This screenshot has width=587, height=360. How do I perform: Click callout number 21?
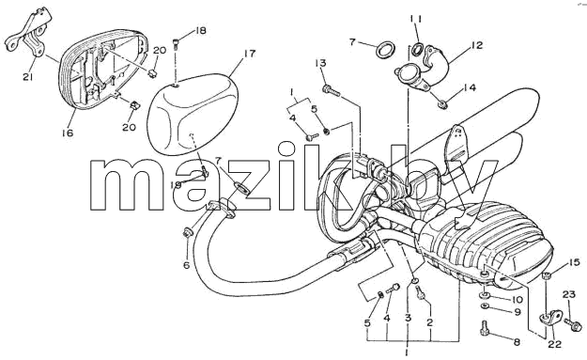[x=28, y=77]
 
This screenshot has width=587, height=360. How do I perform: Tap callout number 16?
[x=69, y=133]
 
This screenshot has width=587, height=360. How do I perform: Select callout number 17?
[x=249, y=54]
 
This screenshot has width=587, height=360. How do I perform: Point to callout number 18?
[x=201, y=30]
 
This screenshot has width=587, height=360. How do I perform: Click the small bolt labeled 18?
[x=177, y=44]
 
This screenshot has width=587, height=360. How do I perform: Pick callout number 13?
[x=321, y=63]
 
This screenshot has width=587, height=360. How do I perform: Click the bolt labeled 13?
[x=331, y=89]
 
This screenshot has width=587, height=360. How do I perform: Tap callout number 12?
[x=476, y=45]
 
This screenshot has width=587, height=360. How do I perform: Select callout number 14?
[x=469, y=87]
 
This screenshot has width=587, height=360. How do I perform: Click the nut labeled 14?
[x=442, y=104]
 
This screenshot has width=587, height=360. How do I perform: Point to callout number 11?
[x=415, y=19]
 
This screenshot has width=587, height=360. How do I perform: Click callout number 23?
[x=568, y=294]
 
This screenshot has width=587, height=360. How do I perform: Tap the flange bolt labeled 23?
[x=572, y=323]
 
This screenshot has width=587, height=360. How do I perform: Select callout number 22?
[x=554, y=344]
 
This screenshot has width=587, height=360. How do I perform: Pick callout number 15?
[x=574, y=262]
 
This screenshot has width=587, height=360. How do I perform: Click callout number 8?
[x=517, y=341]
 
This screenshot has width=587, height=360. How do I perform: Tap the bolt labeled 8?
[x=484, y=328]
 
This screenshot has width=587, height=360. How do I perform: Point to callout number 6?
[x=187, y=265]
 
